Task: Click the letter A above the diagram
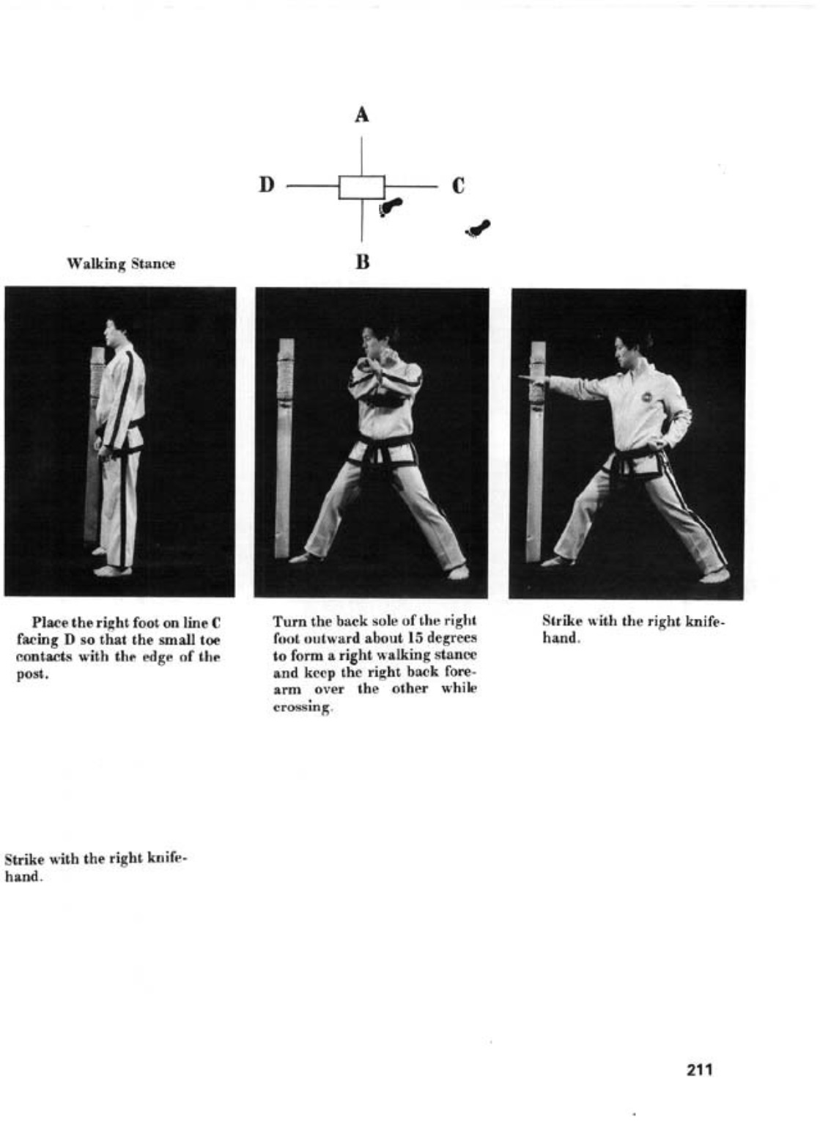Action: coord(361,115)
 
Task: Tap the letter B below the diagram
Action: coord(362,262)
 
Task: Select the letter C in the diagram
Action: coord(458,186)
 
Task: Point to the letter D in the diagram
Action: coord(266,185)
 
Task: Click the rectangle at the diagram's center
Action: coord(361,187)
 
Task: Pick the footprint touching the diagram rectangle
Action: coord(390,207)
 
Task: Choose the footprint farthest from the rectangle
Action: coord(479,229)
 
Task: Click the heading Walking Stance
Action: coord(121,264)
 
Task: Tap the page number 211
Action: coord(700,1070)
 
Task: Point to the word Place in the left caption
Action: coord(51,623)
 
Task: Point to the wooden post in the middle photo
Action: coord(284,447)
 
